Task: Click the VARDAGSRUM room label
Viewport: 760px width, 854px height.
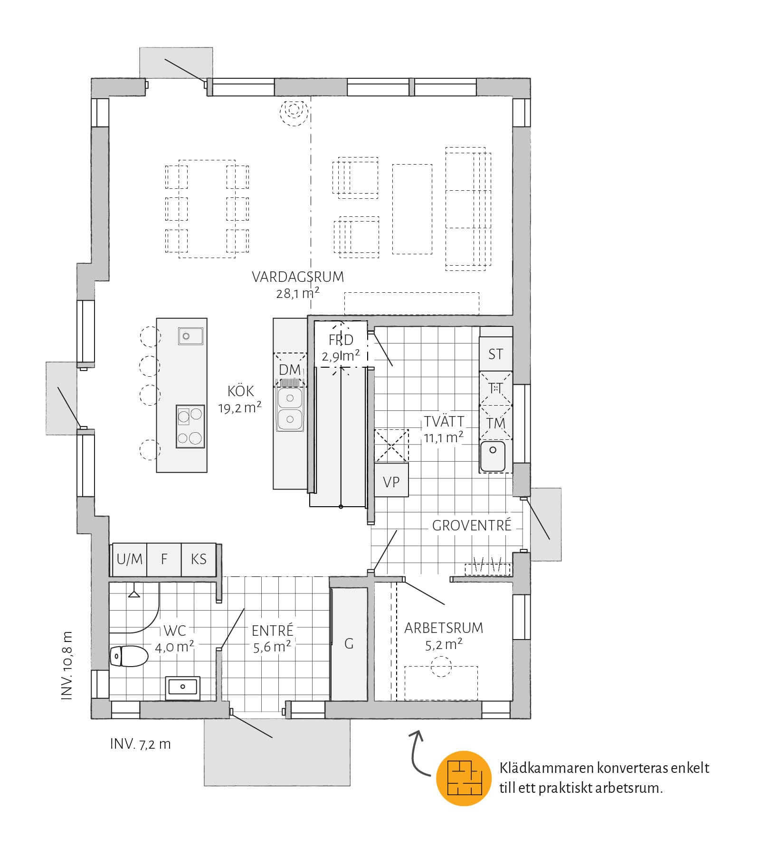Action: tap(298, 277)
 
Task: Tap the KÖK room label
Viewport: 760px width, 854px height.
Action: tap(240, 391)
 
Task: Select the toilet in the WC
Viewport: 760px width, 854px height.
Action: tap(129, 656)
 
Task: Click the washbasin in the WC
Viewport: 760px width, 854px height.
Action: tap(183, 688)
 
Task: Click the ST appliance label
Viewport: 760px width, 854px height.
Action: tap(495, 354)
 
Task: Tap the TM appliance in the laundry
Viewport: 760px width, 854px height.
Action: tap(495, 423)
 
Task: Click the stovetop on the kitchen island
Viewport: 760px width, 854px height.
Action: tap(190, 426)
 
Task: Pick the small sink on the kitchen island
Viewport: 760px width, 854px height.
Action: tap(190, 336)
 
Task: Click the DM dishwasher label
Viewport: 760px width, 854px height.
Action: tap(290, 370)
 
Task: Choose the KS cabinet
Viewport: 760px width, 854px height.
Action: tap(199, 559)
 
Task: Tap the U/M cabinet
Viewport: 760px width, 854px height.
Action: tap(129, 559)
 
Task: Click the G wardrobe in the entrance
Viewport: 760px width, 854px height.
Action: tap(349, 644)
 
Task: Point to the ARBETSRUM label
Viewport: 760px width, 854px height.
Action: tap(444, 628)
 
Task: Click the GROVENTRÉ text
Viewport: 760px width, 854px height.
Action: tap(472, 525)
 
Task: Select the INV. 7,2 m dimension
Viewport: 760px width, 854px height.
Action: tap(140, 744)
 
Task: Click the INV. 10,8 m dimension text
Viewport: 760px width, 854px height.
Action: tap(67, 666)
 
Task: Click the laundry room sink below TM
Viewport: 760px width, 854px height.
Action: tap(493, 456)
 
